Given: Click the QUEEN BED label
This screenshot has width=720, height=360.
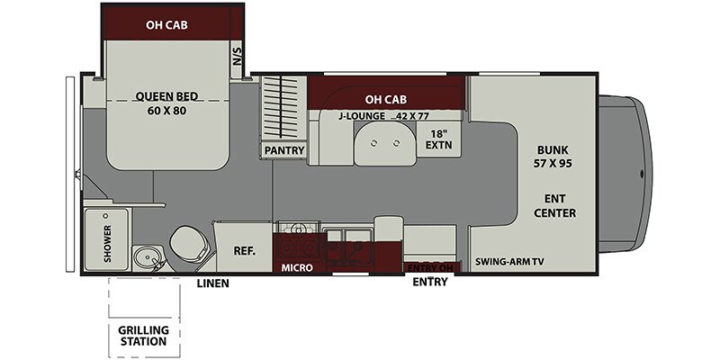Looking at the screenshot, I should point(166,97).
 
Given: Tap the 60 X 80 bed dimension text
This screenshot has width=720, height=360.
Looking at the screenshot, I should point(166,112).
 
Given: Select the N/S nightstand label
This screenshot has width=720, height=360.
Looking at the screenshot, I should point(238,57).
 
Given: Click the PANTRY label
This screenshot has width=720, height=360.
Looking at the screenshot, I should point(283,150).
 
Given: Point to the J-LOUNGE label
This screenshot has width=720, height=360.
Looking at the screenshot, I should point(362,116).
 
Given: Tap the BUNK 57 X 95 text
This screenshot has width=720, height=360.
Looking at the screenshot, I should point(554,157).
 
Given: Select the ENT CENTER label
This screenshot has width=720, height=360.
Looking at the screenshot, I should point(554,205).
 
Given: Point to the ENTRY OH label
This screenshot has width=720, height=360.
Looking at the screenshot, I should point(429,267).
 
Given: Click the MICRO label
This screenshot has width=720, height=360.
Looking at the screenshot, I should point(296,267).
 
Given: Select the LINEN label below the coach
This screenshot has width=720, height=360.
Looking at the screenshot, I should point(212,283).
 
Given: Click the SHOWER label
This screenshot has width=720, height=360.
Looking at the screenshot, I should point(106,241).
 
